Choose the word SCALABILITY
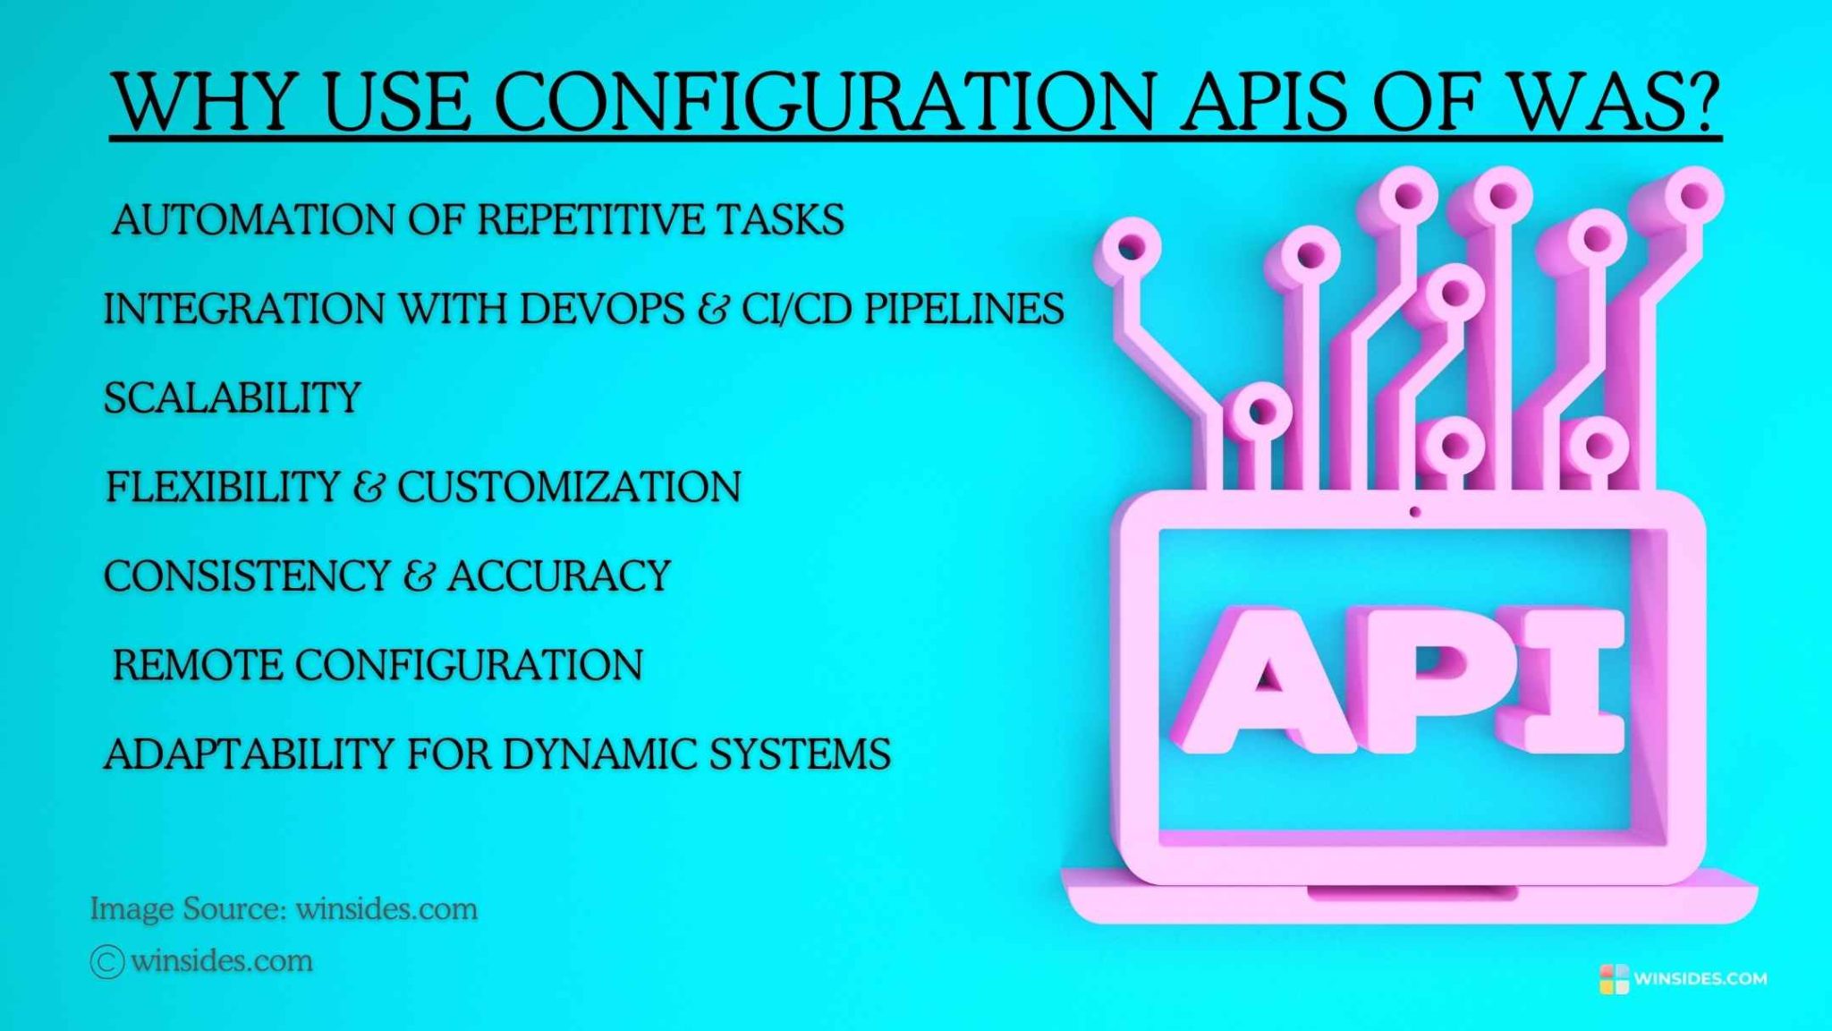(x=233, y=397)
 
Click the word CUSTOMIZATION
(x=569, y=487)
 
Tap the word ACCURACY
(x=559, y=575)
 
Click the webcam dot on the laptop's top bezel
(x=1414, y=512)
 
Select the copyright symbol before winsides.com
(x=106, y=962)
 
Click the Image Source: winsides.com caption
(x=284, y=909)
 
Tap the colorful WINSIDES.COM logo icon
(x=1614, y=978)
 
